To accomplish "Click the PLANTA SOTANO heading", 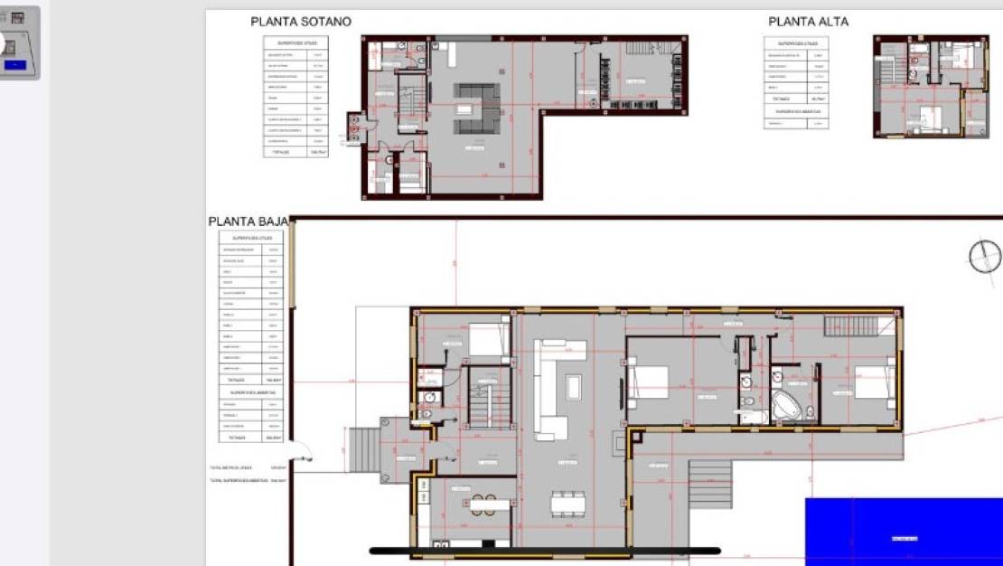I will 301,22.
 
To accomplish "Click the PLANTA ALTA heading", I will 808,22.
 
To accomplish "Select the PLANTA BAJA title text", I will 248,222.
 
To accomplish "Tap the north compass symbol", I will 985,257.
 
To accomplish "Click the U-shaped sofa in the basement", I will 476,106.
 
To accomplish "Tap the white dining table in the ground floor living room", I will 567,503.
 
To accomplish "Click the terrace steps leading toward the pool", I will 711,485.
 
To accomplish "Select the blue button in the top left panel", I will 15,65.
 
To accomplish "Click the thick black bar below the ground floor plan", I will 545,551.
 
